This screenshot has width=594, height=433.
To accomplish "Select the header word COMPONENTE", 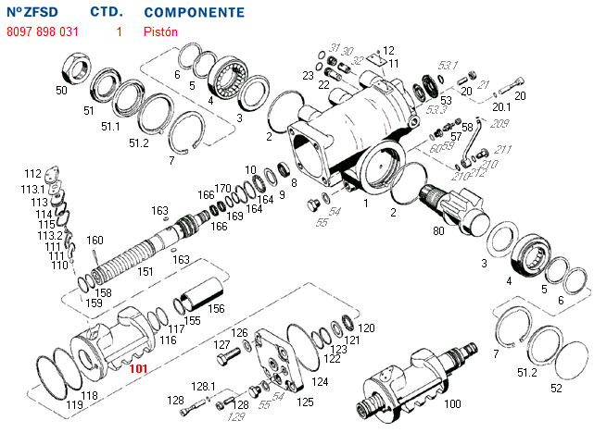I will pos(195,13).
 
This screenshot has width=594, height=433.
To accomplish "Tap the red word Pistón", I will pos(159,31).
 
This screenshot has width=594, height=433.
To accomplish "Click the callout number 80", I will pos(438,231).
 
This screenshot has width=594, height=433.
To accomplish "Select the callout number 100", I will pos(453,404).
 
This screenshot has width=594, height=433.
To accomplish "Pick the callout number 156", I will pos(215,309).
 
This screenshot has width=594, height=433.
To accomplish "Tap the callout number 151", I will pos(145,272).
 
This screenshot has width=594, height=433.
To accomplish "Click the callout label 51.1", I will pos(110,127).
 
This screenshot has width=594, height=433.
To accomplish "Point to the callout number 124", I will pos(320,381).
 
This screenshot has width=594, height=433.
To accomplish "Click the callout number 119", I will pos(74,404).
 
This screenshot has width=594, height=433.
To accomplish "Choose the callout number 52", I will pos(556,389).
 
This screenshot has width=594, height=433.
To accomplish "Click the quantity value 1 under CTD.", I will pos(119,31).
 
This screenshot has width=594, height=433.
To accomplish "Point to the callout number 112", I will pos(33,174).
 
